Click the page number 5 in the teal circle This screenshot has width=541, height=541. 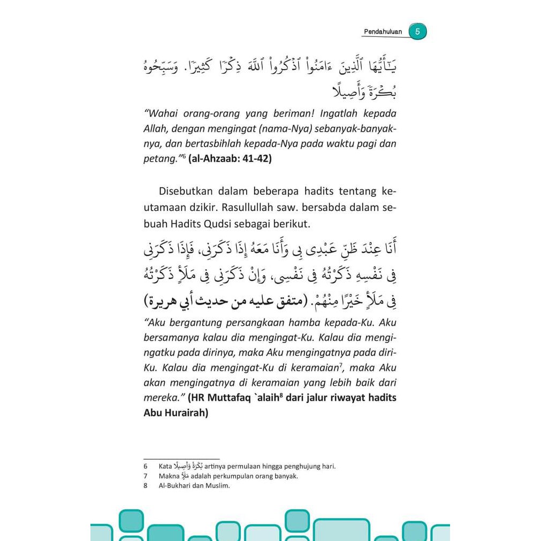(x=417, y=32)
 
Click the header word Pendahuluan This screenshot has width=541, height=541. (x=383, y=32)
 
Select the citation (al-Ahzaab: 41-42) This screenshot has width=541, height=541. (x=230, y=159)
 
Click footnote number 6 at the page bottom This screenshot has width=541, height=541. (x=146, y=466)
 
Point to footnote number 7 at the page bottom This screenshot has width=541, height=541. (x=146, y=476)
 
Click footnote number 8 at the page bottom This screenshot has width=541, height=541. (x=146, y=486)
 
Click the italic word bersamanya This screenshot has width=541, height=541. (x=171, y=338)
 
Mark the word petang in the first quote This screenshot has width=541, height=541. (x=159, y=159)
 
